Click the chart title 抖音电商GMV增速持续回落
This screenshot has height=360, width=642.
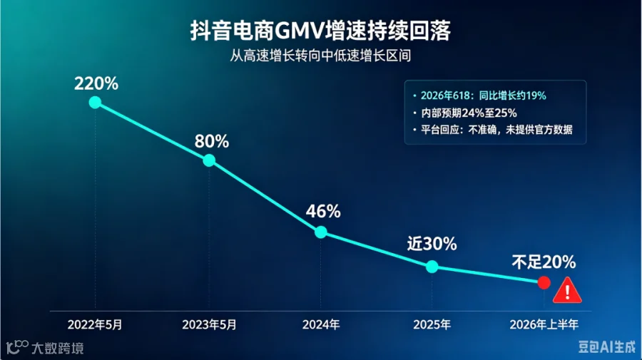point(320,31)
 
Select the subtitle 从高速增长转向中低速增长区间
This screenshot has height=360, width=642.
point(320,56)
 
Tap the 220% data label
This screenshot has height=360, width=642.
point(96,84)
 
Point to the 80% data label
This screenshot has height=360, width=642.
point(212,142)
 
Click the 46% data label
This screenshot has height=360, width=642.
point(323,212)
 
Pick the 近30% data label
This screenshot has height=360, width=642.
point(432,244)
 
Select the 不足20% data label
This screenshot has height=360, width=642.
point(544,262)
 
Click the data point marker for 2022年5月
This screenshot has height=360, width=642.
point(95,102)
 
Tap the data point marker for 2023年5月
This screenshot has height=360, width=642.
point(209,160)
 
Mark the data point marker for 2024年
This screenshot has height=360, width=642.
point(320,232)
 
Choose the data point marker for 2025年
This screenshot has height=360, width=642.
point(432,267)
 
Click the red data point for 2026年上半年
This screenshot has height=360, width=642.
point(544,283)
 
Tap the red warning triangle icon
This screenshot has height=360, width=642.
point(567,292)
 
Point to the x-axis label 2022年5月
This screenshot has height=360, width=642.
point(95,325)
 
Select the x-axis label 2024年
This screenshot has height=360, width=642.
point(321,325)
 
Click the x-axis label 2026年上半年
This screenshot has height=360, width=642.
point(544,325)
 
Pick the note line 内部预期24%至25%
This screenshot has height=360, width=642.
point(469,113)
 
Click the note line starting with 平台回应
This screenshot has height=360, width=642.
point(496,130)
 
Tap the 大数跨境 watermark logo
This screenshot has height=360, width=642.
point(45,348)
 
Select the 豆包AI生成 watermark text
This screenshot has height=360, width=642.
point(607,347)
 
